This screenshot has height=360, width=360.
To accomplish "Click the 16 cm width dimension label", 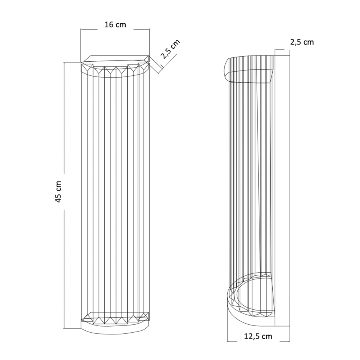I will (115, 25).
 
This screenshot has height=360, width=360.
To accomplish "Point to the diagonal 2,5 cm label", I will (171, 49).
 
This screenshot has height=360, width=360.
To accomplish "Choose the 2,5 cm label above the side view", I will (301, 42).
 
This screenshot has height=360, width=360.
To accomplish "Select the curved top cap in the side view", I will (247, 69).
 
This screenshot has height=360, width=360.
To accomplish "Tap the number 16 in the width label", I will (109, 25).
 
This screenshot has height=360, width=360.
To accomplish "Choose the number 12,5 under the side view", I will (252, 336).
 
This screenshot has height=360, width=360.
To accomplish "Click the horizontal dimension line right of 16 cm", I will (141, 29).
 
